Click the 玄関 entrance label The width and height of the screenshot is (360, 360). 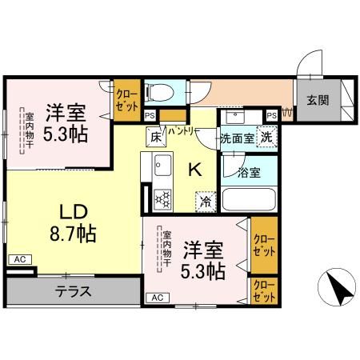(x=318, y=100)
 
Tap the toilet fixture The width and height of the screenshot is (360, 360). (x=159, y=92)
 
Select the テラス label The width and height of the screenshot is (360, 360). (x=74, y=291)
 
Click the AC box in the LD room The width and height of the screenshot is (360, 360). (x=20, y=259)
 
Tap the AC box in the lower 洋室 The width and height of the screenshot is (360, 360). (x=158, y=298)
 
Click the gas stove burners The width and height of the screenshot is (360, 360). (x=162, y=199)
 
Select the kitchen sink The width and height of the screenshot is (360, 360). (x=162, y=165)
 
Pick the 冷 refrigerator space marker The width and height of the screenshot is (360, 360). (x=206, y=202)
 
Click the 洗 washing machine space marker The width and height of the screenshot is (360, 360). (x=266, y=137)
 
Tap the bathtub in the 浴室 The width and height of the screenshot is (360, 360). (x=249, y=199)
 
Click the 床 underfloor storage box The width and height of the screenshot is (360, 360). (x=156, y=137)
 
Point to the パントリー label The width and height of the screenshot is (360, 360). (x=183, y=131)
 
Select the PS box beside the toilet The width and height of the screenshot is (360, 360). (x=150, y=116)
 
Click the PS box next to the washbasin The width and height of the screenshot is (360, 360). (x=272, y=116)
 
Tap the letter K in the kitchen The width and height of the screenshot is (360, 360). (x=195, y=170)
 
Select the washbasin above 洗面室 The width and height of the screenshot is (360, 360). (x=235, y=116)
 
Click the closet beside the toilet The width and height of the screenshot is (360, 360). (x=127, y=100)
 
